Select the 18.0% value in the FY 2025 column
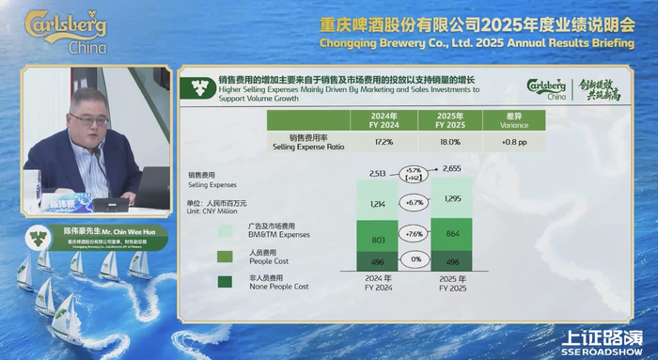[453, 143]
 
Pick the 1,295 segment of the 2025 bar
[453, 200]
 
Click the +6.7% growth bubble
[415, 202]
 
